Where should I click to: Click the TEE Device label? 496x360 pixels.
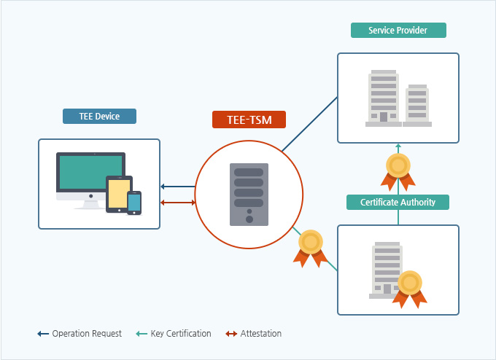tap(99, 117)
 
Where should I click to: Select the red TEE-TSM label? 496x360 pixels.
tap(249, 120)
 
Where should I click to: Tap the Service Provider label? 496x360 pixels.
tap(398, 31)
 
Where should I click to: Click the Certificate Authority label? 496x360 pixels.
tap(398, 202)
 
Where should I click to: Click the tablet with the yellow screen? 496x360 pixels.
tap(118, 193)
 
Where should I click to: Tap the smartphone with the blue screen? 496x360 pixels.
tap(134, 203)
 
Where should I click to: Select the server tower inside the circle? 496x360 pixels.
tap(249, 193)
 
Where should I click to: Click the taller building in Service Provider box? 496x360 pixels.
tap(383, 96)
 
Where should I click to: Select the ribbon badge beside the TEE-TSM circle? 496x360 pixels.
tap(311, 247)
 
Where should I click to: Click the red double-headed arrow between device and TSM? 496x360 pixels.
tap(177, 202)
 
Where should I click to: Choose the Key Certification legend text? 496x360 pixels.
tap(180, 334)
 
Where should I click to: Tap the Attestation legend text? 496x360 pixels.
tap(260, 334)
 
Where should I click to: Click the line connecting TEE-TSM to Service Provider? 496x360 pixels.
tap(310, 124)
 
